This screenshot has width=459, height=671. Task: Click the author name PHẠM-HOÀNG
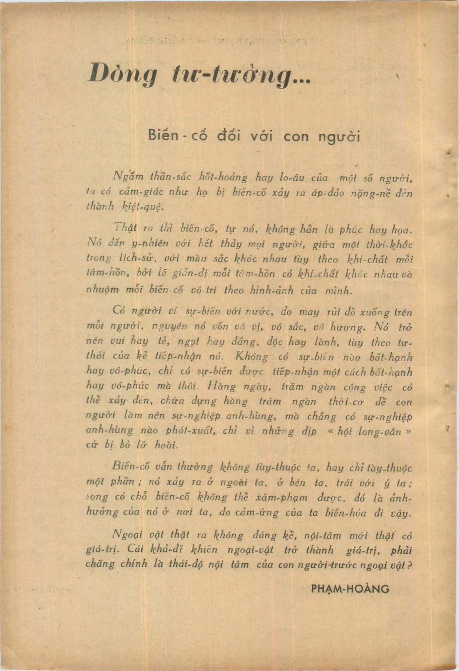coord(350,589)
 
